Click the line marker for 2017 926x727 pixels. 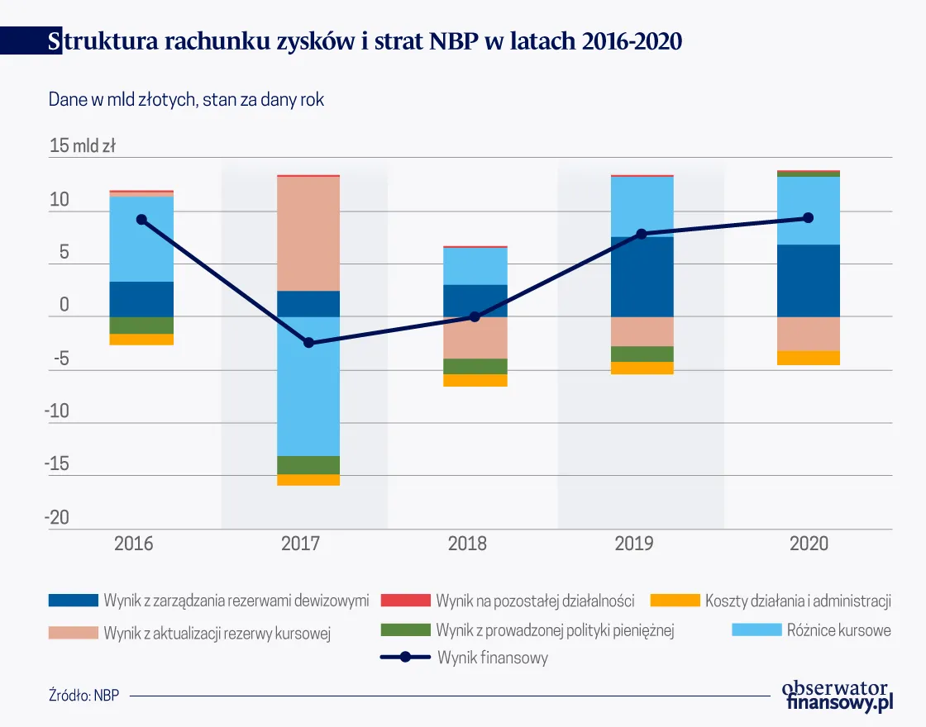pyautogui.click(x=308, y=342)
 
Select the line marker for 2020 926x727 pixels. pyautogui.click(x=809, y=218)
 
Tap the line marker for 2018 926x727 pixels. pyautogui.click(x=475, y=316)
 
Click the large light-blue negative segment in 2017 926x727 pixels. pyautogui.click(x=308, y=386)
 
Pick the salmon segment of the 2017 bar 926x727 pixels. pyautogui.click(x=308, y=234)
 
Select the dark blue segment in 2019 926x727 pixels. pyautogui.click(x=642, y=277)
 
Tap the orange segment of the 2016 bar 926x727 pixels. pyautogui.click(x=141, y=340)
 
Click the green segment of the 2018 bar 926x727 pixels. pyautogui.click(x=475, y=366)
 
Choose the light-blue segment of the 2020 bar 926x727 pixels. pyautogui.click(x=809, y=211)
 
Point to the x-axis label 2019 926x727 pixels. pyautogui.click(x=634, y=544)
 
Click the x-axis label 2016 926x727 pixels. pyautogui.click(x=134, y=544)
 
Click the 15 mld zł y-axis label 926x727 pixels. pyautogui.click(x=83, y=147)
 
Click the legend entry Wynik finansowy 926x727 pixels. pyautogui.click(x=493, y=658)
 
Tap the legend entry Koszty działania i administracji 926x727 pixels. pyautogui.click(x=797, y=601)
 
